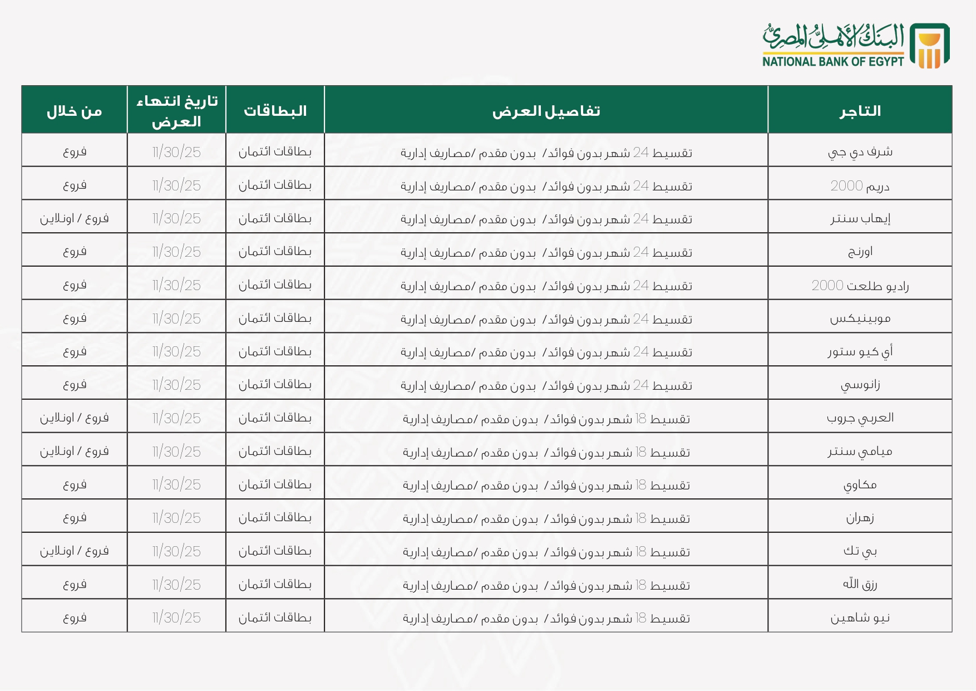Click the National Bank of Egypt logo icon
[929, 46]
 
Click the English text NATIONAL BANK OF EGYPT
[833, 61]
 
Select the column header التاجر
[860, 111]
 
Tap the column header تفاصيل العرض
[546, 111]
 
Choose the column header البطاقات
[275, 111]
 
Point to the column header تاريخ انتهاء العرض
[176, 111]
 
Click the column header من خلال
[74, 111]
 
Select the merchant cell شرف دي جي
[860, 151]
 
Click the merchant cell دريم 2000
[860, 185]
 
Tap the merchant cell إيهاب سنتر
[860, 218]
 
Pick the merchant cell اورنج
[860, 252]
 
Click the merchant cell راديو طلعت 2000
[860, 285]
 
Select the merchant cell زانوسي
[860, 385]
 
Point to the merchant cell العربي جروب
[860, 418]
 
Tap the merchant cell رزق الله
[860, 584]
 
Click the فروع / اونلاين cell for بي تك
[74, 551]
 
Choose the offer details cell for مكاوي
[546, 485]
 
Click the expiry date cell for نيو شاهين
[176, 618]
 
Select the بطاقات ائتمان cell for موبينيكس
[275, 318]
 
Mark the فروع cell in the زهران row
[74, 518]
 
